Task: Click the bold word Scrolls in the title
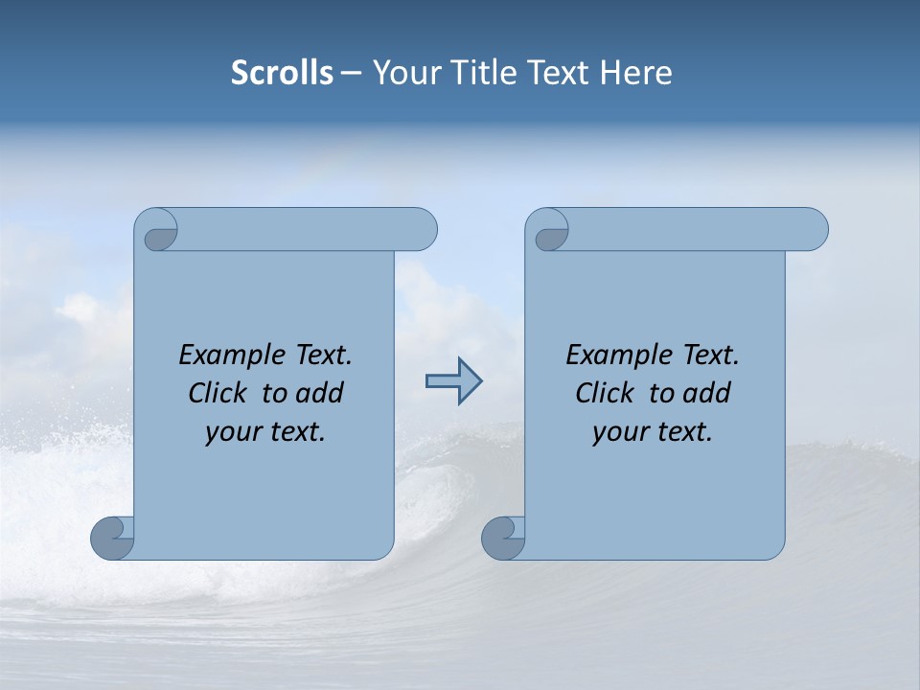(x=283, y=73)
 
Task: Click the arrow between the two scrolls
(x=453, y=381)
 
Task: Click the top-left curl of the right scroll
(x=550, y=230)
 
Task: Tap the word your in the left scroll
(x=232, y=433)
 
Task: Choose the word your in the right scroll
(x=619, y=433)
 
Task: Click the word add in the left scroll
(x=320, y=394)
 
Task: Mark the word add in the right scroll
(x=707, y=394)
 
